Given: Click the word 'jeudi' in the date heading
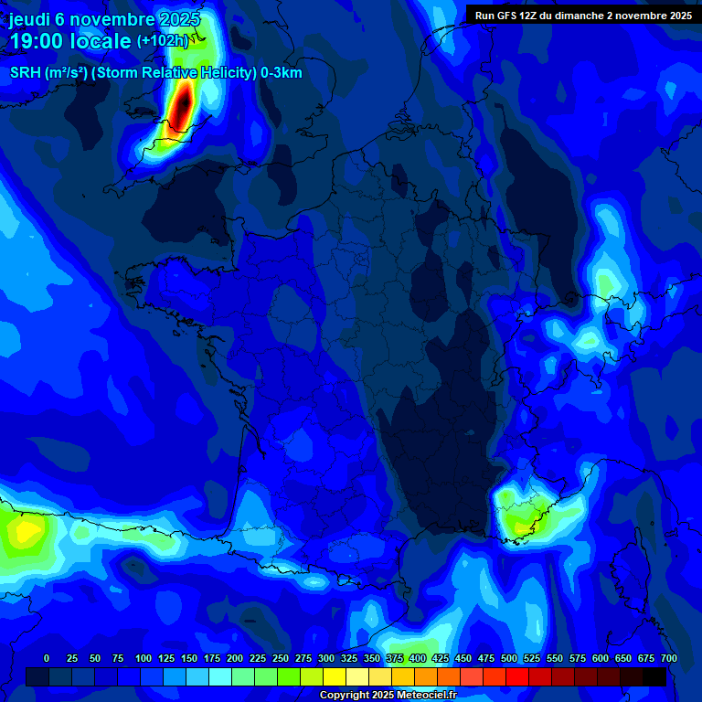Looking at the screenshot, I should pyautogui.click(x=30, y=19).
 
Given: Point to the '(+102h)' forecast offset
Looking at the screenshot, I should pyautogui.click(x=163, y=41).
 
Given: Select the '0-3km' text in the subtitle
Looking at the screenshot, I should pyautogui.click(x=282, y=73).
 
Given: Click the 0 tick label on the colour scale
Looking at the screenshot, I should pyautogui.click(x=47, y=658).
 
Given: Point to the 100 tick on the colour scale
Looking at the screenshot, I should pyautogui.click(x=144, y=658).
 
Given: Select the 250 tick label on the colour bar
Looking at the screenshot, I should pyautogui.click(x=281, y=658).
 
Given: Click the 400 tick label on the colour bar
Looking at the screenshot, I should pyautogui.click(x=418, y=658).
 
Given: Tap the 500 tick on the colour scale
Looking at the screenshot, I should pyautogui.click(x=509, y=658).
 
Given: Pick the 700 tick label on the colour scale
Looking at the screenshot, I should pyautogui.click(x=668, y=658).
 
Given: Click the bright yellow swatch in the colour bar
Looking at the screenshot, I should pyautogui.click(x=335, y=676).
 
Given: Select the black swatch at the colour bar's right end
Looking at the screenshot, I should pyautogui.click(x=654, y=676).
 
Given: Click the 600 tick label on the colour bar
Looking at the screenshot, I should pyautogui.click(x=601, y=658).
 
